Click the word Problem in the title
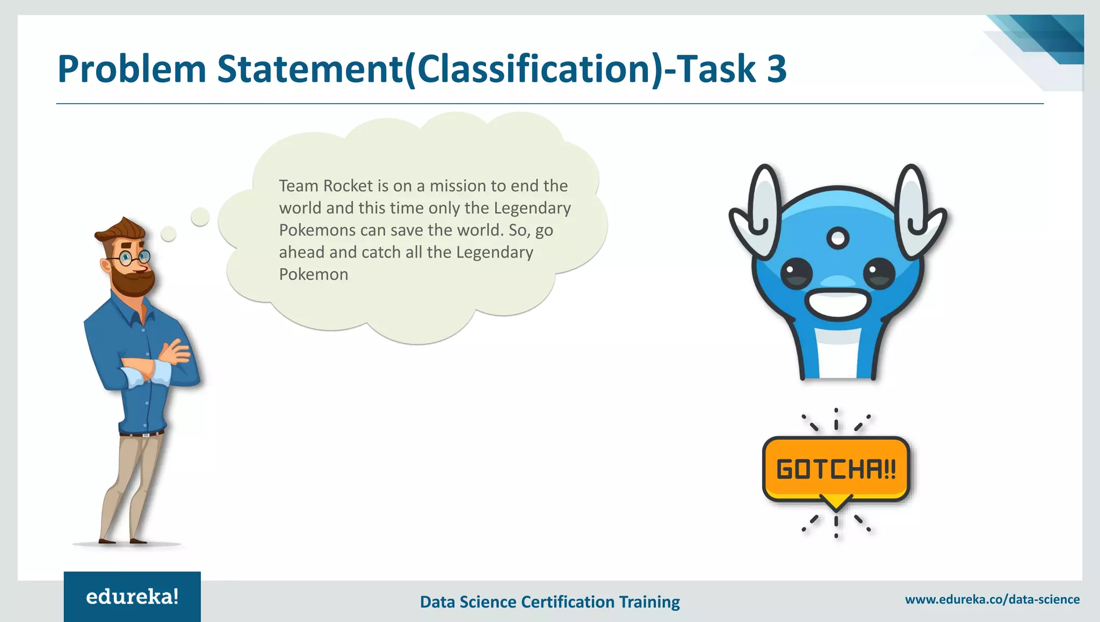[x=132, y=69]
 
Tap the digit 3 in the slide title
[x=776, y=69]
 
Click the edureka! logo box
[x=132, y=596]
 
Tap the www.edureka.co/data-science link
[x=992, y=599]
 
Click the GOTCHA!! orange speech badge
[x=836, y=469]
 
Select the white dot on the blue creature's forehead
[x=838, y=238]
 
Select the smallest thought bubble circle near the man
[x=169, y=233]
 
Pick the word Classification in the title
[x=534, y=69]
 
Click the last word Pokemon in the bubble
[x=314, y=275]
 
